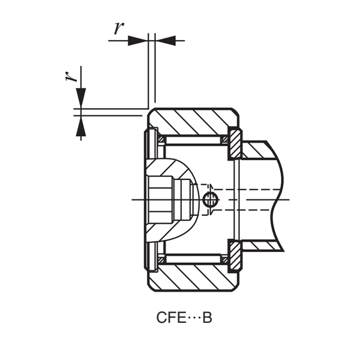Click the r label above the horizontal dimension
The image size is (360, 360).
(x=119, y=28)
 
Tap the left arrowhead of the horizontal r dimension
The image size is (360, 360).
(x=138, y=41)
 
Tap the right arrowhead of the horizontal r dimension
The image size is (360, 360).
(x=166, y=41)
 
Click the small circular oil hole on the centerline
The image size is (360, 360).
(x=210, y=200)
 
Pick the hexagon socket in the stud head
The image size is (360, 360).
(x=161, y=199)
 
